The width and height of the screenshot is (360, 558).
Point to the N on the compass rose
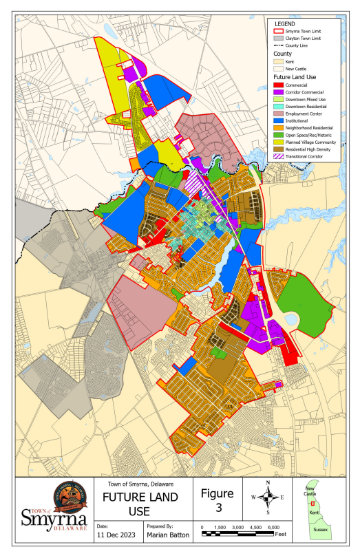268,482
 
